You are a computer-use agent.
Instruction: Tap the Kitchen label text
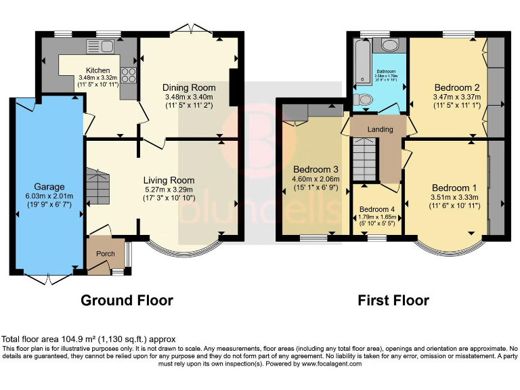97,70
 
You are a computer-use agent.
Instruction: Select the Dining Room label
189,87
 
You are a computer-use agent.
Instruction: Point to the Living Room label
169,180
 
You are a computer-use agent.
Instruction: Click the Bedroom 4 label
376,209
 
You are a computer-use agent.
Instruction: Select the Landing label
380,129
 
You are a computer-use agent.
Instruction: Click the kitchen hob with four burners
128,75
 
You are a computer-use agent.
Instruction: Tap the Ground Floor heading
127,300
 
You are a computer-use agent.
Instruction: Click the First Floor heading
393,300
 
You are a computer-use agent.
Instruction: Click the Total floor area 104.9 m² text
89,339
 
